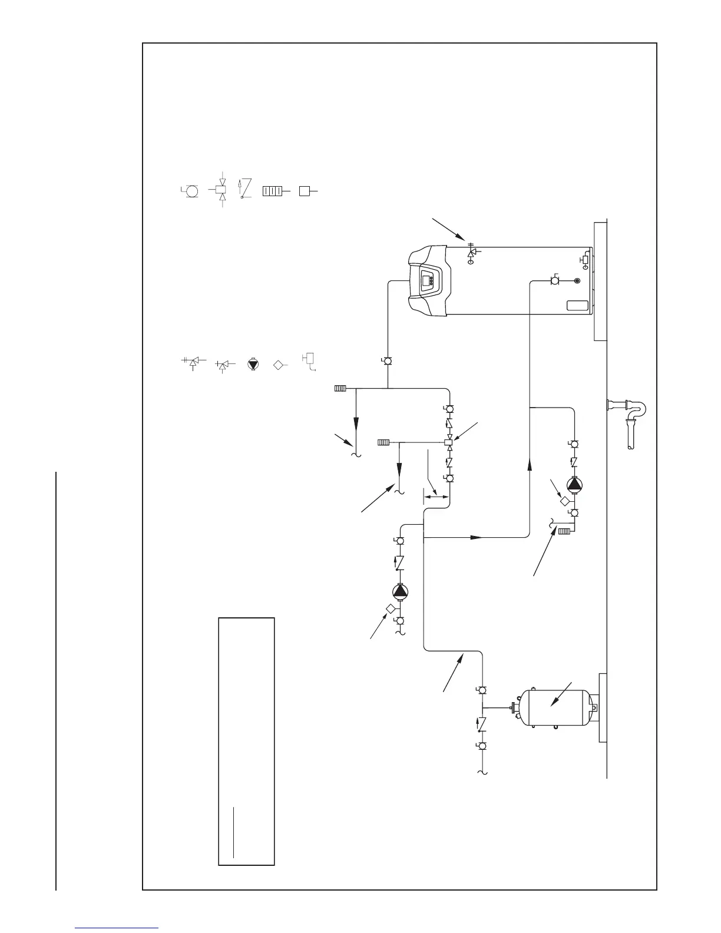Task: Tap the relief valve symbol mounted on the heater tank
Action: [471, 253]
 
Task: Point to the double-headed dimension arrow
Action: [437, 497]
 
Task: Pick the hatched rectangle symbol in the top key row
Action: [272, 191]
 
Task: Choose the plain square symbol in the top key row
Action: [304, 191]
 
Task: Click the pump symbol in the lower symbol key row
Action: [253, 365]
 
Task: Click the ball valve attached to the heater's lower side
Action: [555, 282]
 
